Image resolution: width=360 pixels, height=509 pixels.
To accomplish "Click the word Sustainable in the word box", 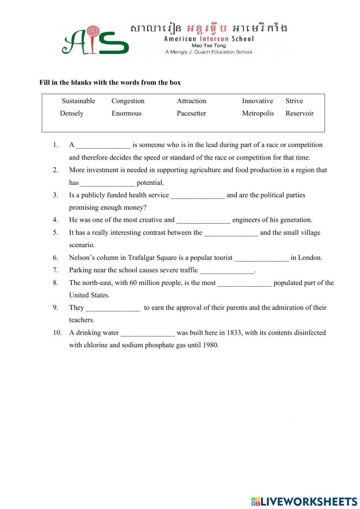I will (x=78, y=101).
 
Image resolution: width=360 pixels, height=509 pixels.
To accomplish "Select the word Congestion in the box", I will (x=128, y=101).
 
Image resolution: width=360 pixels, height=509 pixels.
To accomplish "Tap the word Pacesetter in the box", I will (x=191, y=113).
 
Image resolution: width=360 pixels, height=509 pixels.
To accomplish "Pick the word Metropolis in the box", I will (x=258, y=113).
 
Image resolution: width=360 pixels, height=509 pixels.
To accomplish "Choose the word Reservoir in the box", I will (x=300, y=113).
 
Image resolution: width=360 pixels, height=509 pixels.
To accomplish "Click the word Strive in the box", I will (x=294, y=101).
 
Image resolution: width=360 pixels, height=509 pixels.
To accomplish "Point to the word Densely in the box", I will (x=72, y=113).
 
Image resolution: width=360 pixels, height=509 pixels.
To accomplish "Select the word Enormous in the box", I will (x=126, y=113).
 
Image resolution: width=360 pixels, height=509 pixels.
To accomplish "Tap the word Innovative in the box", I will (x=257, y=101).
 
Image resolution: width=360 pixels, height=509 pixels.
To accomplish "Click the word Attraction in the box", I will (x=192, y=101).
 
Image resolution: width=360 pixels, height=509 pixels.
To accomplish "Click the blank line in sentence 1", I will (x=103, y=146).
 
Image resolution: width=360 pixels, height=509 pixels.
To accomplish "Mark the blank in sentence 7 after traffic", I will (x=227, y=271).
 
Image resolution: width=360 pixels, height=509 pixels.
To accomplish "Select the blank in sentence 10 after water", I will (x=148, y=334).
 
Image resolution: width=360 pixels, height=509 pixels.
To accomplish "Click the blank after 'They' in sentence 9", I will (x=113, y=308).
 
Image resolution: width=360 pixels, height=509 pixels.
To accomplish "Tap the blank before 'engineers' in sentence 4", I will (x=203, y=221).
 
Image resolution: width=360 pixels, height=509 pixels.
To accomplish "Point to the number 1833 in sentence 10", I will (x=234, y=332).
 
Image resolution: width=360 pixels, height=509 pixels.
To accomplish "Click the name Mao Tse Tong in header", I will (x=209, y=45).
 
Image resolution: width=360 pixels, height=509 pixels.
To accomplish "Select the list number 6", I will (x=55, y=258).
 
